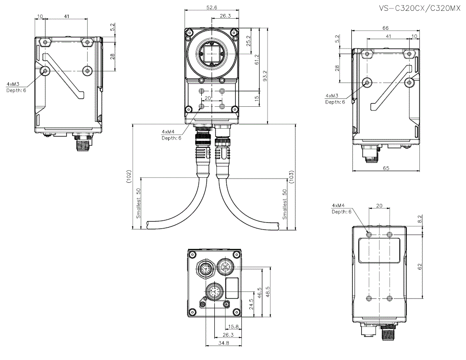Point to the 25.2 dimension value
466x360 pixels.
click(248, 43)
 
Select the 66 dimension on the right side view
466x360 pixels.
click(385, 28)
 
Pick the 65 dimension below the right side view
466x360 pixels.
click(386, 168)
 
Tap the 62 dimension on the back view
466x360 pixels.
click(420, 267)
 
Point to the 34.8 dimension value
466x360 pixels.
click(224, 343)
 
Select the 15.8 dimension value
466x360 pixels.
click(233, 327)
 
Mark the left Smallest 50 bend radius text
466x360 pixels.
click(138, 204)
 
